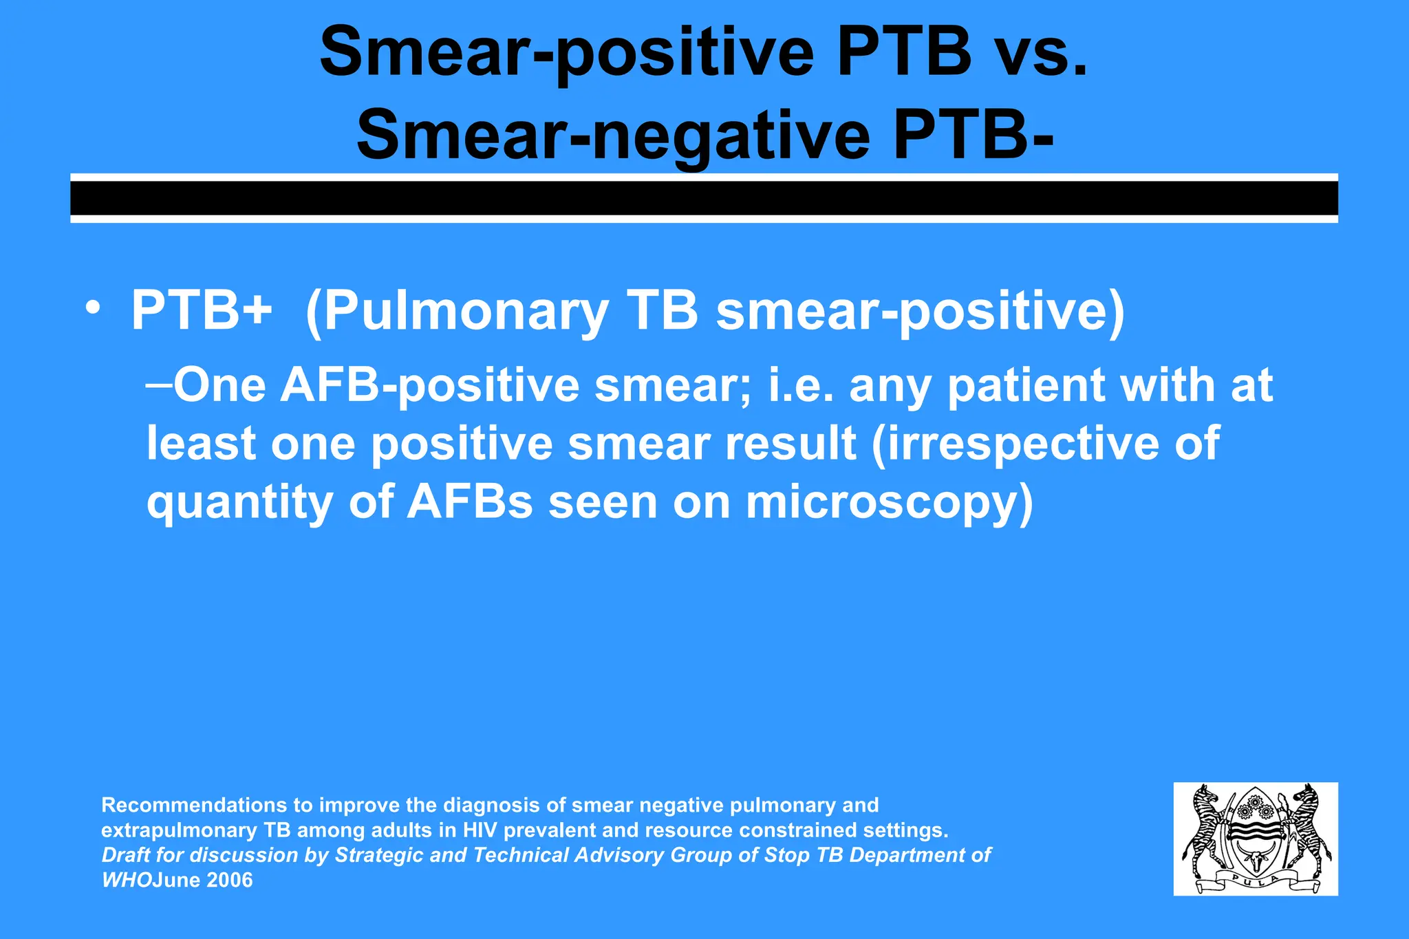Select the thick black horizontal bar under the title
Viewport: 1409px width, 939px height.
(x=704, y=198)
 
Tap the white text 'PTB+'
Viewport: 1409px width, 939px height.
(x=202, y=311)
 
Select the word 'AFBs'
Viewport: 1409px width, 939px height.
(x=470, y=503)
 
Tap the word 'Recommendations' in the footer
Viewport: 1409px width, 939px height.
(x=194, y=805)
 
